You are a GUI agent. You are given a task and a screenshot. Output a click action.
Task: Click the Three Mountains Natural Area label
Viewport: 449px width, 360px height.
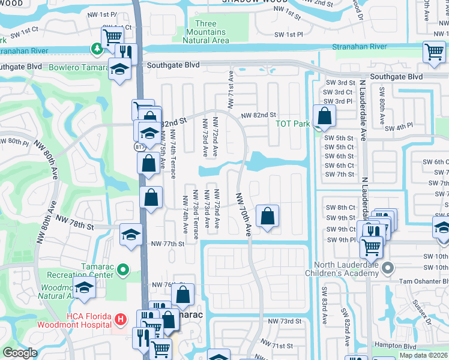206,32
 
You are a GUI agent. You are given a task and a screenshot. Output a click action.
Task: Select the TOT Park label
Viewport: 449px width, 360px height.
292,124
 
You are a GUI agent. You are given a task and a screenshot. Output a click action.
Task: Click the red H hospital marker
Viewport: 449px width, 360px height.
121,317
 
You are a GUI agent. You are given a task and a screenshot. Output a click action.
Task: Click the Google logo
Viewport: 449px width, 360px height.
20,353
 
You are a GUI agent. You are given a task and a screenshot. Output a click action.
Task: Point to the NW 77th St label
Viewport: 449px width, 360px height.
167,244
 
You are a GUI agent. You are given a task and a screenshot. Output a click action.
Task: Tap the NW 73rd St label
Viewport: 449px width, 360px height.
285,322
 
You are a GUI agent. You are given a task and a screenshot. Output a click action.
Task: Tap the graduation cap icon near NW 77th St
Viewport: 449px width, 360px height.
131,234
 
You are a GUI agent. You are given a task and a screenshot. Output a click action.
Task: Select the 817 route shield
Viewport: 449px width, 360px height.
137,146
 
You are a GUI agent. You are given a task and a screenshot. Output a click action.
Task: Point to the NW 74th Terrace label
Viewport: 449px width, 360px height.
173,155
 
